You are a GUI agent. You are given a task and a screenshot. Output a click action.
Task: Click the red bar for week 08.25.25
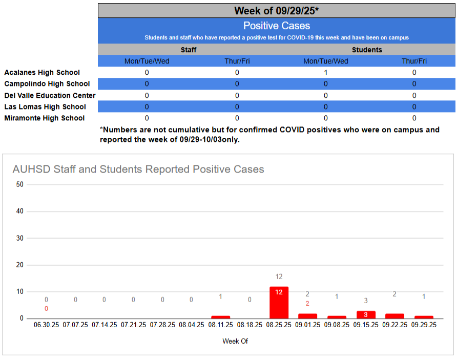[x=279, y=303]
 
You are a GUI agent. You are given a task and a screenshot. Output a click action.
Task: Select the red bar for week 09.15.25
[x=366, y=314]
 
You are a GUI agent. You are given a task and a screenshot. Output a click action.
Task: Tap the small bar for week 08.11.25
[x=221, y=317]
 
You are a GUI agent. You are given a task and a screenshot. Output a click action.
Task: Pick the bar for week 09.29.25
[x=424, y=317]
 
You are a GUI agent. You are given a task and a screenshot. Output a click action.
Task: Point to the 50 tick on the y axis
[x=20, y=185]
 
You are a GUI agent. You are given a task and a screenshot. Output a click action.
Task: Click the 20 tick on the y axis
[x=20, y=265]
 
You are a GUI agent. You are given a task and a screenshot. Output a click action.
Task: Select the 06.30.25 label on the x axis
[x=47, y=325]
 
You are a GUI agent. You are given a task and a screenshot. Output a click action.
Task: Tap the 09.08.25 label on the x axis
[x=337, y=325]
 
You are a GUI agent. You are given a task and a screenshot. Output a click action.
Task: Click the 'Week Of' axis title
[x=235, y=341]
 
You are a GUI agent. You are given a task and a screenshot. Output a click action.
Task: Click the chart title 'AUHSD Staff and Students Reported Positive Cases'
[x=138, y=169]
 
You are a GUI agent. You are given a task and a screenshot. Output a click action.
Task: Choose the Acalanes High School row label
[x=42, y=73]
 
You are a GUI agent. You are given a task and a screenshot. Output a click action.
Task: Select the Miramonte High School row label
[x=45, y=118]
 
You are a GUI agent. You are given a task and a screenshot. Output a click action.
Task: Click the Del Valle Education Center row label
[x=50, y=95]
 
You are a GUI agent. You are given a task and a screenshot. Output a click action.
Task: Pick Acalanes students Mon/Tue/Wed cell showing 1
[x=326, y=73]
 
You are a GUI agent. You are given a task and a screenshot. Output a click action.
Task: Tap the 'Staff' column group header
[x=188, y=50]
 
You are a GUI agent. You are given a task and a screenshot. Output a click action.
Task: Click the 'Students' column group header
[x=367, y=50]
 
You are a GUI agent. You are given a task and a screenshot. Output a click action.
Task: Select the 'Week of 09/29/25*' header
[x=277, y=11]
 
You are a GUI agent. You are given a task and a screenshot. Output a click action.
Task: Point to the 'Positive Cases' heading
[x=277, y=26]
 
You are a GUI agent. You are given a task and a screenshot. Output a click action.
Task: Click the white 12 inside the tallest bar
[x=279, y=292]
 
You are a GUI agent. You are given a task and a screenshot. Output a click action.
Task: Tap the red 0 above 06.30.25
[x=46, y=309]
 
